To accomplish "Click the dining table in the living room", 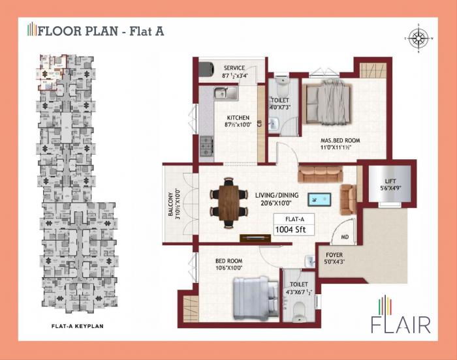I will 228,200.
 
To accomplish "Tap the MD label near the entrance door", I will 344,237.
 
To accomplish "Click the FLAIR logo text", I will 400,325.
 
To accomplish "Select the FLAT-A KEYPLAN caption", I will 78,325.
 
